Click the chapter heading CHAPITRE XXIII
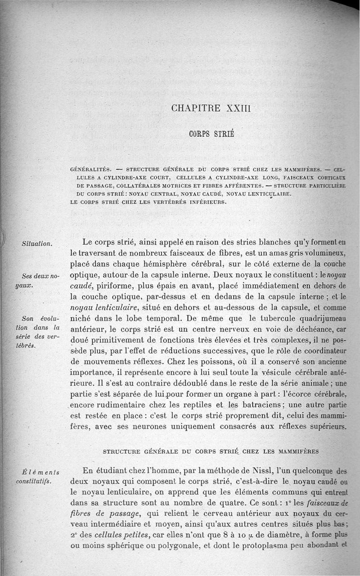[211, 109]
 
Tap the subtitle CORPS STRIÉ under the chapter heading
[211, 134]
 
